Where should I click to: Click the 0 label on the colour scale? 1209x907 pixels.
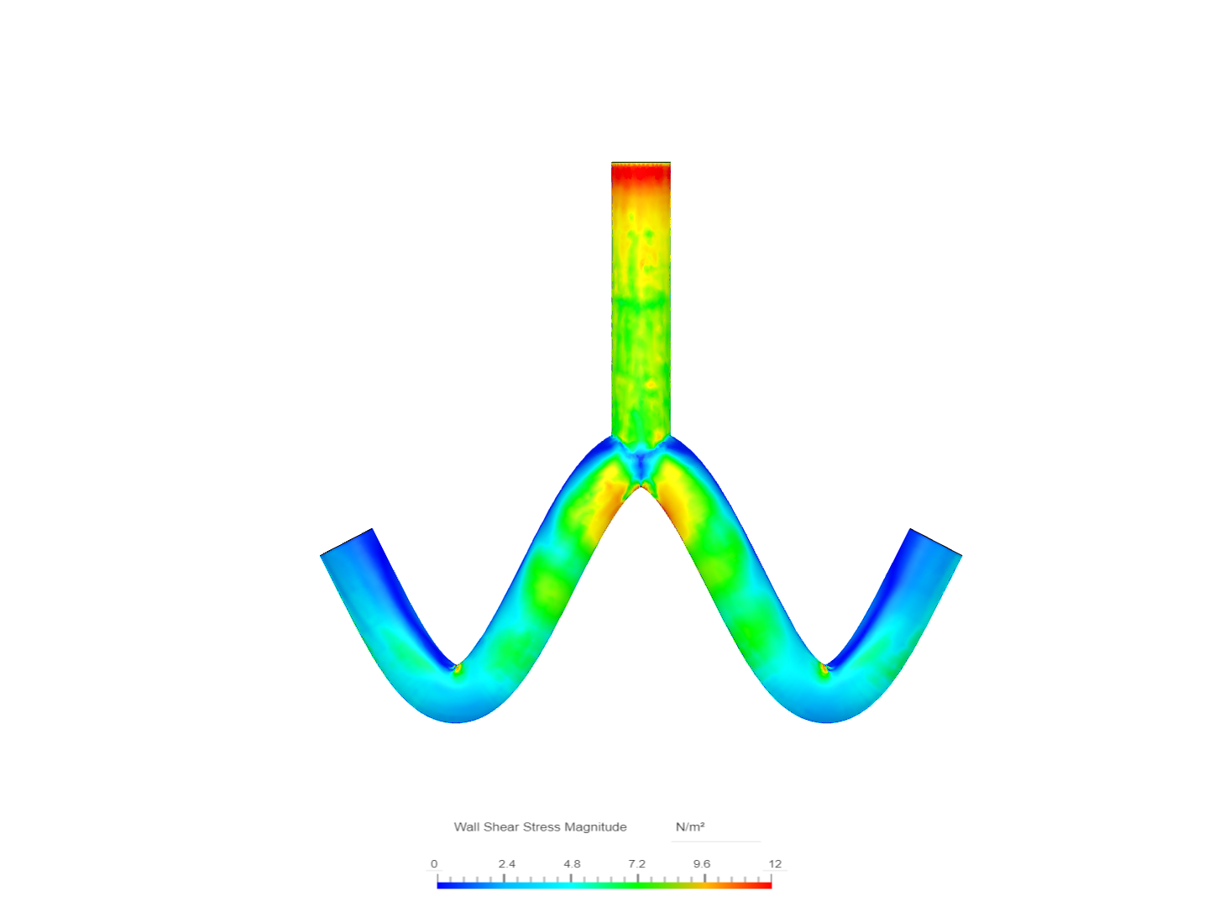434,863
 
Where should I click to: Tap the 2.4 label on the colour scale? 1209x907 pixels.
506,863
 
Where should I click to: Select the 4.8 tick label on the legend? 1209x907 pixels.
572,863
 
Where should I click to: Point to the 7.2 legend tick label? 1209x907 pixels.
637,863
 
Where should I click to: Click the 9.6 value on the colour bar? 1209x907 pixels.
702,863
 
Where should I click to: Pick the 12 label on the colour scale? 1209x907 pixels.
774,863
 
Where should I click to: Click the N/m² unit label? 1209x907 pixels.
690,827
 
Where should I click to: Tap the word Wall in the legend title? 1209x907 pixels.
466,827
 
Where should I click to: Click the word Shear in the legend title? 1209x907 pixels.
501,827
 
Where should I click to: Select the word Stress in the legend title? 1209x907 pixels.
542,827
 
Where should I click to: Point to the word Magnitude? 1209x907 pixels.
595,827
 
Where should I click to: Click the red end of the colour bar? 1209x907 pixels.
766,885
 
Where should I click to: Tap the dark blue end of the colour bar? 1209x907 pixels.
442,885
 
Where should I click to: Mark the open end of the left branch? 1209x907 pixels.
346,543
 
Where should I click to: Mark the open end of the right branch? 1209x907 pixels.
936,543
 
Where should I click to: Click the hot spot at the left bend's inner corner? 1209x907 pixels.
457,668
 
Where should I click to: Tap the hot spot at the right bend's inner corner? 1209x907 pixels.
824,668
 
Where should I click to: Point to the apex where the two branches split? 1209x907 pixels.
641,485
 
